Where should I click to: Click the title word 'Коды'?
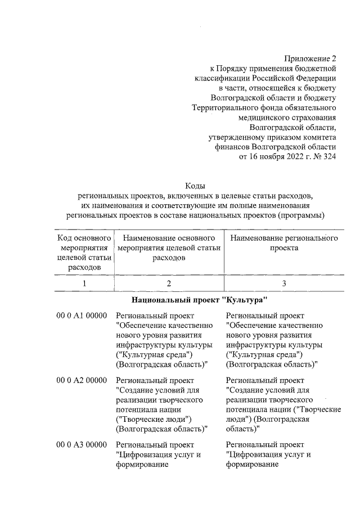(195, 186)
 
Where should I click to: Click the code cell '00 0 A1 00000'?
(82, 316)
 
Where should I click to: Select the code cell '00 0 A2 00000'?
(82, 380)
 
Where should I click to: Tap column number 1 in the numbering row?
(84, 283)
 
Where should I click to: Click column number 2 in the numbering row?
(168, 283)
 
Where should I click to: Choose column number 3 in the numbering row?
(283, 283)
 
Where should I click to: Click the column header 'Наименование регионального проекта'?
(283, 243)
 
